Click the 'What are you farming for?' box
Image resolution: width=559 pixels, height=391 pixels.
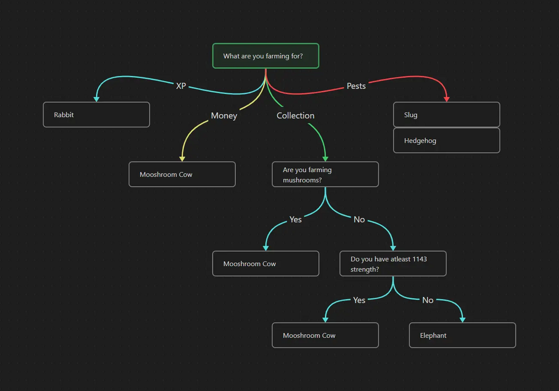[266, 56]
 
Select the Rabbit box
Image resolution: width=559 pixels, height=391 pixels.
[96, 115]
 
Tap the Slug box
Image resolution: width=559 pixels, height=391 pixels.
[446, 115]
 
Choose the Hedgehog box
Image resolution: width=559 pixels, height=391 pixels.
[446, 140]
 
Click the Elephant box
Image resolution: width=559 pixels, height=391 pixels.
[462, 335]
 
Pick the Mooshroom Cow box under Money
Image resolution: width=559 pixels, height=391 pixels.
[182, 175]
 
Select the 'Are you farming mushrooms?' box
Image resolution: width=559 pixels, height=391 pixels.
[325, 175]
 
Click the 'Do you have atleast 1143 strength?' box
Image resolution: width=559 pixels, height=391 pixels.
[392, 263]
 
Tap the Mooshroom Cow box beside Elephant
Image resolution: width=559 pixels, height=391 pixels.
[325, 335]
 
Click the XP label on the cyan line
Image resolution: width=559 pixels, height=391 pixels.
[181, 86]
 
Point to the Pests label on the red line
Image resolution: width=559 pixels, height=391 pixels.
[356, 86]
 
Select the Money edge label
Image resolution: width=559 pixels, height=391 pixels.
[224, 116]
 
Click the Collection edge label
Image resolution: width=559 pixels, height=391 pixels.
[295, 116]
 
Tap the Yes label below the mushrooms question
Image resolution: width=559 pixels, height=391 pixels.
[295, 219]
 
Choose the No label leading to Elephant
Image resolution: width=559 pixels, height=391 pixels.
[428, 300]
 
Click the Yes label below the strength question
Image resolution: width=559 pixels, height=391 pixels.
[359, 300]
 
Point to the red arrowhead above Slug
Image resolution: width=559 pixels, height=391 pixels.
[446, 99]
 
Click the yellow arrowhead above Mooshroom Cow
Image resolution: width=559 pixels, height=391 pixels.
[182, 159]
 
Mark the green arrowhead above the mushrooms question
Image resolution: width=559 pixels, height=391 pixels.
[325, 159]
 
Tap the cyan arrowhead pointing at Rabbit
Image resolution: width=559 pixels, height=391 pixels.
[96, 99]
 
